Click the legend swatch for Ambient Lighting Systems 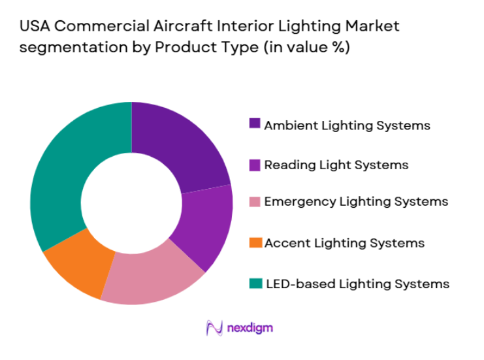(255, 123)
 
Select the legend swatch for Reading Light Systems (255, 164)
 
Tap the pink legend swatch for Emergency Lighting (255, 201)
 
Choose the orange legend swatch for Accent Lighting (255, 242)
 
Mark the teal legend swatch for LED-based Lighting (255, 283)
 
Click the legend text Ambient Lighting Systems (347, 125)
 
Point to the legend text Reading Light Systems (336, 165)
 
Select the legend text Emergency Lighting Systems (356, 202)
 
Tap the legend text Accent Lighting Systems (344, 243)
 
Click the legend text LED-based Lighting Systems (357, 284)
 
